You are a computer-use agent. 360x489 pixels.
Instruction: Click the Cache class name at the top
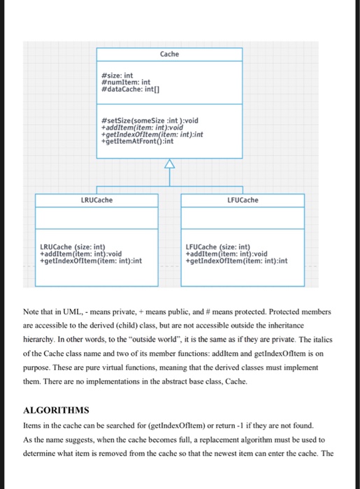click(x=169, y=54)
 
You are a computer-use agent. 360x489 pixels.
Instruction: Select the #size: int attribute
click(x=117, y=75)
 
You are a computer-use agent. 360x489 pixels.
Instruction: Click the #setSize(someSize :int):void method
click(x=150, y=120)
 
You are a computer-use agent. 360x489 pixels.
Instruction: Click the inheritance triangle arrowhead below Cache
click(x=170, y=164)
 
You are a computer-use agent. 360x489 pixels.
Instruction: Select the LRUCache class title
click(x=96, y=200)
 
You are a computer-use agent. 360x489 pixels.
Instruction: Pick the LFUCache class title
click(x=242, y=200)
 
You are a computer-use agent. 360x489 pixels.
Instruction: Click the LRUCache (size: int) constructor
click(x=72, y=247)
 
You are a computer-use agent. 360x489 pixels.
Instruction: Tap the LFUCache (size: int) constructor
click(x=218, y=247)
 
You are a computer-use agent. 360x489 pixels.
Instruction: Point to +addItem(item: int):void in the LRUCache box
click(x=80, y=254)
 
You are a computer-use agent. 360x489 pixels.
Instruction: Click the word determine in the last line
click(x=44, y=454)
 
